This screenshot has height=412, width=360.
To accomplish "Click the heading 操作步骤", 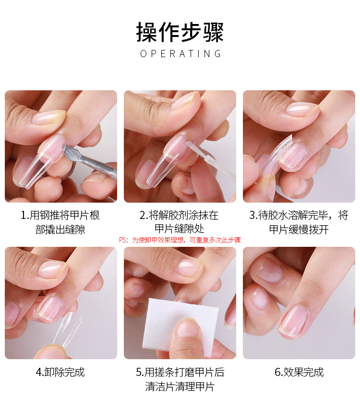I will click(x=180, y=32).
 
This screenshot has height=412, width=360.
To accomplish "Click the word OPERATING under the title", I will click(x=180, y=54).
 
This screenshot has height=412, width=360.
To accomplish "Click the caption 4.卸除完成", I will click(x=60, y=372).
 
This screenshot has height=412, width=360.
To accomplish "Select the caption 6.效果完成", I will click(x=299, y=372).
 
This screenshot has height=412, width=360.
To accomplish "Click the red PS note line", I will click(x=180, y=240).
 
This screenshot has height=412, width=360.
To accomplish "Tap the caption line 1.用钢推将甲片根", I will click(x=60, y=215).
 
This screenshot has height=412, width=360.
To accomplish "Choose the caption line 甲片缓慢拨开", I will click(x=299, y=230).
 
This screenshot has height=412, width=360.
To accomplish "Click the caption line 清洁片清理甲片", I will click(x=180, y=387).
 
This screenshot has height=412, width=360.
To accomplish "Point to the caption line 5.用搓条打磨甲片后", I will click(x=180, y=372).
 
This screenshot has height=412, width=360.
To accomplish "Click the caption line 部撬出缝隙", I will click(x=60, y=230).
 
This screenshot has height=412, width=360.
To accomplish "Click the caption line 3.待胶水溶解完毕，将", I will click(x=299, y=215).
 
